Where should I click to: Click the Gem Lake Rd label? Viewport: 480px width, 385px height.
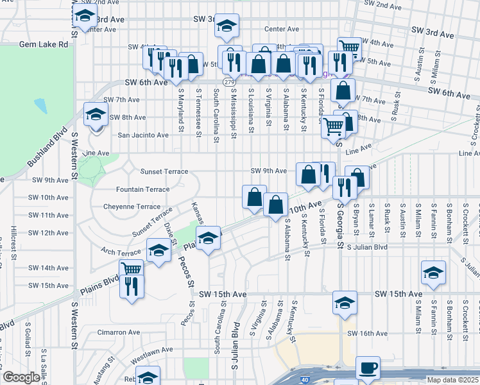tap(44, 44)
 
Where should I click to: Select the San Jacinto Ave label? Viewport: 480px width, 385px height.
tap(142, 135)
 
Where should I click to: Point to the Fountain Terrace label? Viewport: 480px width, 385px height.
tap(142, 190)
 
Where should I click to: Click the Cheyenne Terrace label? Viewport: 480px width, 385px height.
tap(132, 207)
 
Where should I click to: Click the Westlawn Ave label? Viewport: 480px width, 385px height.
tap(151, 350)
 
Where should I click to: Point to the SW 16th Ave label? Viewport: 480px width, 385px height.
tap(367, 334)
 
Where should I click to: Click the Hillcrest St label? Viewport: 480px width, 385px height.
tap(13, 237)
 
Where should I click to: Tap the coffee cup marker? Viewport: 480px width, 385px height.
tap(368, 368)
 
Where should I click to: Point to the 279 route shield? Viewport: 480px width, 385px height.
tap(229, 82)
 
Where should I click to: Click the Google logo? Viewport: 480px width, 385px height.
tap(21, 377)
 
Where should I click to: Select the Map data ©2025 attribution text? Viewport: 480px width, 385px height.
tap(450, 380)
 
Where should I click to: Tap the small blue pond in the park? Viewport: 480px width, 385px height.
tap(41, 104)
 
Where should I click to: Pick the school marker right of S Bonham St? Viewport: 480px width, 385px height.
tap(434, 272)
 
